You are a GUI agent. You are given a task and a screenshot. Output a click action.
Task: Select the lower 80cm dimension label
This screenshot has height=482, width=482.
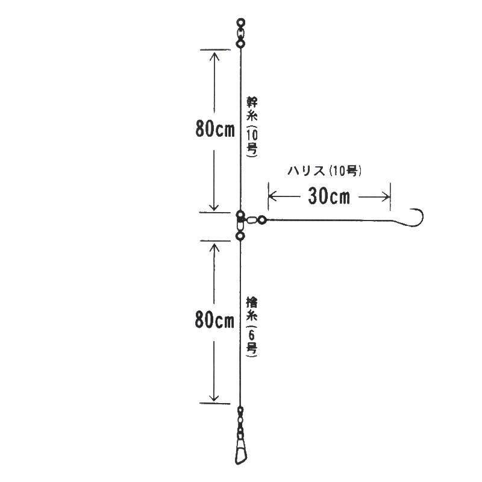(x=214, y=321)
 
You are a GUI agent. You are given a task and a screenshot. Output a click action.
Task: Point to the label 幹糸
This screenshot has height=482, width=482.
(x=252, y=109)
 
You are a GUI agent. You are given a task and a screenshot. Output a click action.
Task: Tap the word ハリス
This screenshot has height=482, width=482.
(x=305, y=171)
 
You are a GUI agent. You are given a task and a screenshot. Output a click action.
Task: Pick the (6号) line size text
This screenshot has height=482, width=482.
(x=252, y=341)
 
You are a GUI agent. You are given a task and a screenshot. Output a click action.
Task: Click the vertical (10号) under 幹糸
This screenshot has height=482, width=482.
(x=252, y=142)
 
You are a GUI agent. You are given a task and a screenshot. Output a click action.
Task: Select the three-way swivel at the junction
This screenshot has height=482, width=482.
(x=240, y=220)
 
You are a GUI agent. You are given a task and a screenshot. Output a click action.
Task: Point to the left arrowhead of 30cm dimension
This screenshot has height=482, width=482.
(x=270, y=195)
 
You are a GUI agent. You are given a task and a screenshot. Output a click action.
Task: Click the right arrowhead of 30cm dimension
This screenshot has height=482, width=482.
(x=387, y=195)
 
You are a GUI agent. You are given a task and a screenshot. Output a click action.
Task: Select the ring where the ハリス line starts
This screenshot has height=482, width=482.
(x=262, y=221)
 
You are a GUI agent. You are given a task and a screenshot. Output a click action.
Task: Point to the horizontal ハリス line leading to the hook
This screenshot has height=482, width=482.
(x=331, y=220)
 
